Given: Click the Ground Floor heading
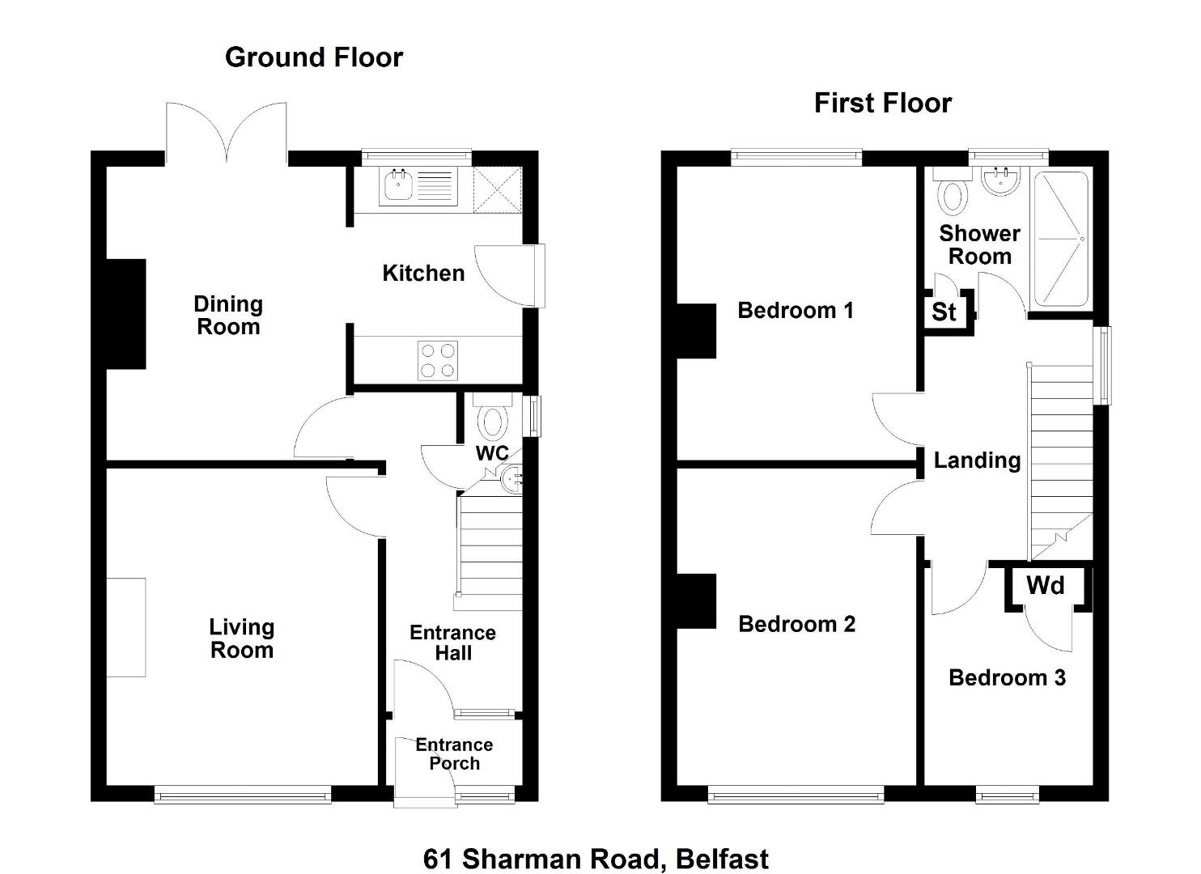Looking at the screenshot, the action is click(314, 57).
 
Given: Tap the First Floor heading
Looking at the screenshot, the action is click(882, 103).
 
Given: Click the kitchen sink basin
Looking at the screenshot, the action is click(398, 185).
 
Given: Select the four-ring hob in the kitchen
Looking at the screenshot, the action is click(438, 360).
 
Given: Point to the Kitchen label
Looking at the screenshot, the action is click(423, 274).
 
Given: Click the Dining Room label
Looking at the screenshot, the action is click(228, 316).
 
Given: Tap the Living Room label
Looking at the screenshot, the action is click(242, 639).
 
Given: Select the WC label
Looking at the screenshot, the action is click(492, 454).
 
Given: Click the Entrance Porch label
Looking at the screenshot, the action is click(454, 754).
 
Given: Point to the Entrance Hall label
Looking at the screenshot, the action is click(453, 643).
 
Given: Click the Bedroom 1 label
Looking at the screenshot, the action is click(796, 311).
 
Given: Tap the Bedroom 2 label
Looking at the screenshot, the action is click(796, 624).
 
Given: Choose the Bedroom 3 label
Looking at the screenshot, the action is click(1007, 677).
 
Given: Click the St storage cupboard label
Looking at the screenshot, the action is click(944, 312).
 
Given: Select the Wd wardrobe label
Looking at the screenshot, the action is click(1046, 585).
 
